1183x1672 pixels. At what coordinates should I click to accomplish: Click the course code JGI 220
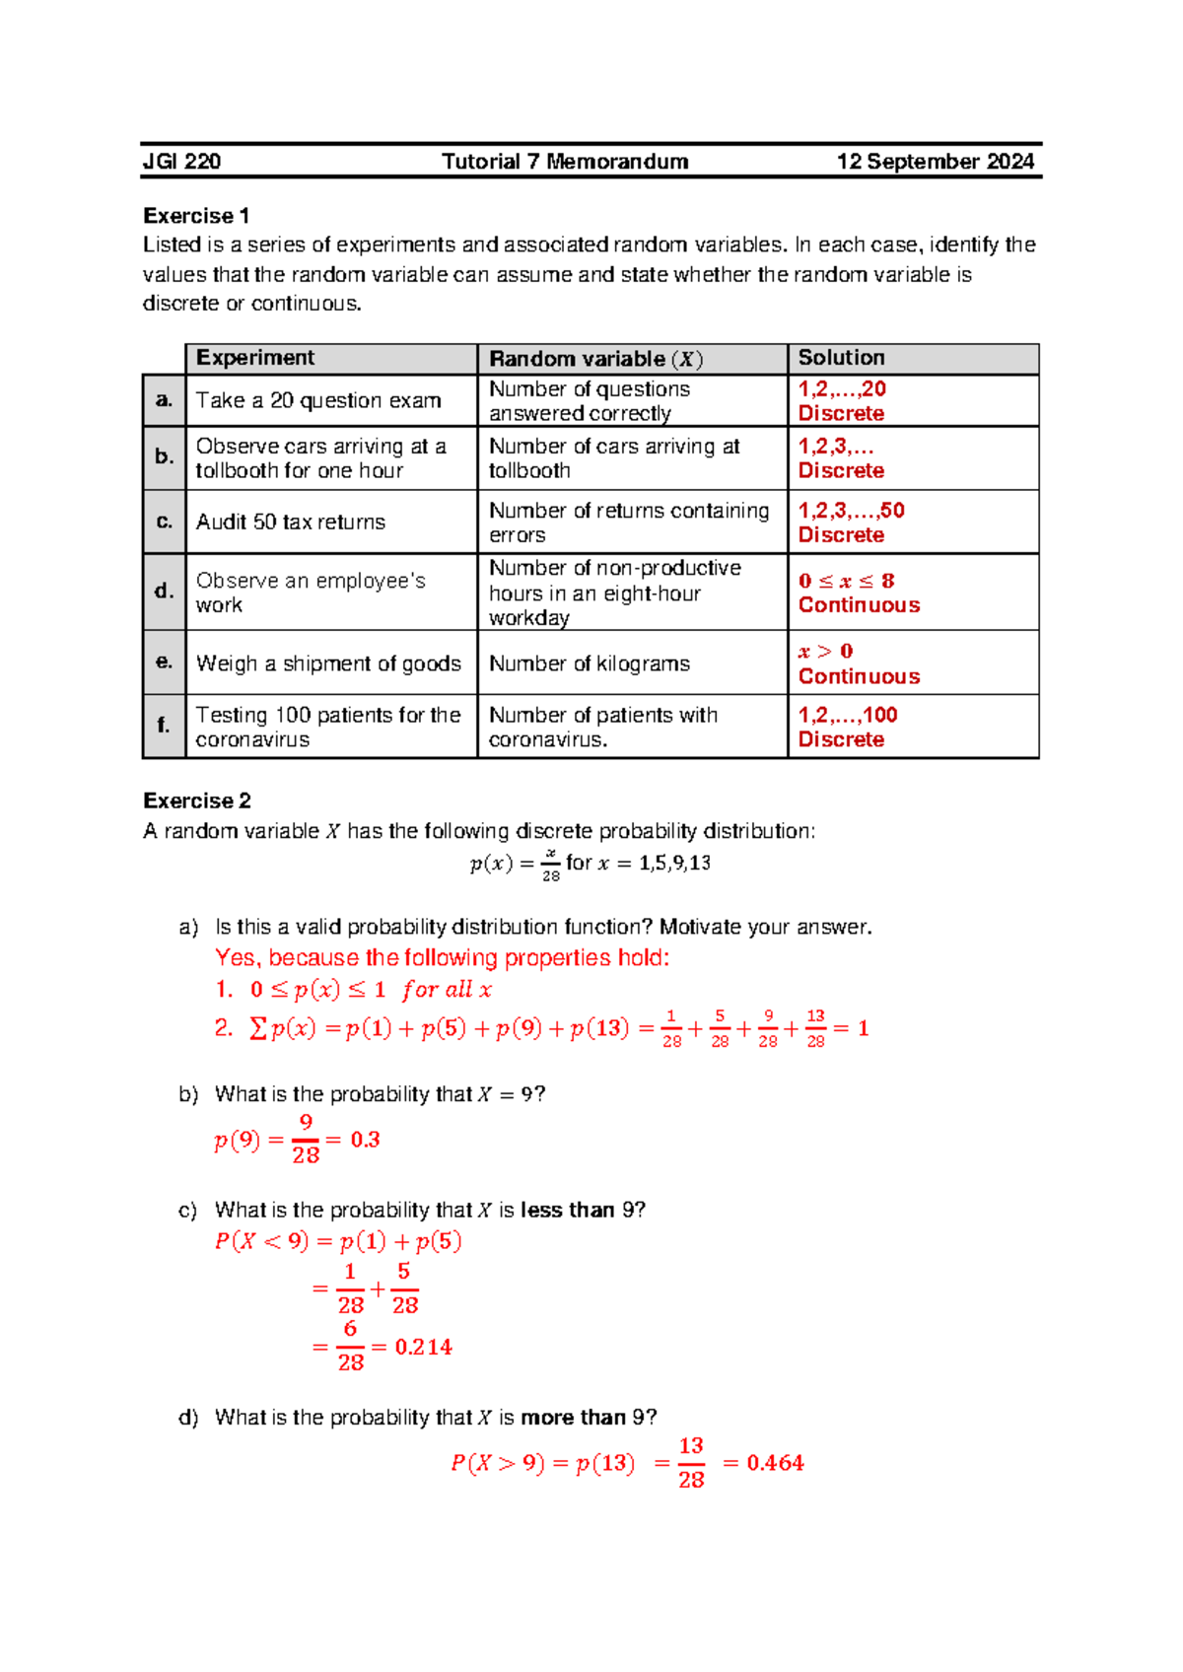(x=182, y=162)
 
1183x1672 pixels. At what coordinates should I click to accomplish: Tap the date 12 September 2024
(x=935, y=162)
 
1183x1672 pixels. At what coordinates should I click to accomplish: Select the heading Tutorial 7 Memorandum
(x=565, y=162)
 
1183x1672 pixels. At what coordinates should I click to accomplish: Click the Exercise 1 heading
(x=196, y=216)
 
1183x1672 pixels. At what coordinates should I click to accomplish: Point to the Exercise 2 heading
(x=197, y=801)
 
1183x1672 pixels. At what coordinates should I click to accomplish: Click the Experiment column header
(x=255, y=358)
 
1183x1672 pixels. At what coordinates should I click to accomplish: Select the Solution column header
(x=841, y=358)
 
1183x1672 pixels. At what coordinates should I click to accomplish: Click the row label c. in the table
(x=164, y=522)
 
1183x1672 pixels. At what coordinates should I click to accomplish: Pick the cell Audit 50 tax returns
(x=291, y=522)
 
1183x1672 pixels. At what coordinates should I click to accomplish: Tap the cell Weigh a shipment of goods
(x=328, y=663)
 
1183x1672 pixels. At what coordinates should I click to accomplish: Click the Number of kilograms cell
(x=590, y=663)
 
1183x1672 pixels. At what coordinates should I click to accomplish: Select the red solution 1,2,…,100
(x=848, y=715)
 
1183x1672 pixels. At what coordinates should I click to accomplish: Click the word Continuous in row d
(x=859, y=605)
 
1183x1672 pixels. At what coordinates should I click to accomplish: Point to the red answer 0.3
(x=365, y=1140)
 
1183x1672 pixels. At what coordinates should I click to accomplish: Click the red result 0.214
(x=423, y=1347)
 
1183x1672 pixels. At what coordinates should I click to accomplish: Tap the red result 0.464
(x=775, y=1463)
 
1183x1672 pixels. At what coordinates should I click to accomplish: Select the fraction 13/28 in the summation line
(x=815, y=1028)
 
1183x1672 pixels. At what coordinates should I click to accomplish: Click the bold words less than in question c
(x=567, y=1210)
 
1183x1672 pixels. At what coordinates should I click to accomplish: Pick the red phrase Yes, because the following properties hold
(x=443, y=958)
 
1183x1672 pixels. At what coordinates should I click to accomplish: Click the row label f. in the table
(x=164, y=726)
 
